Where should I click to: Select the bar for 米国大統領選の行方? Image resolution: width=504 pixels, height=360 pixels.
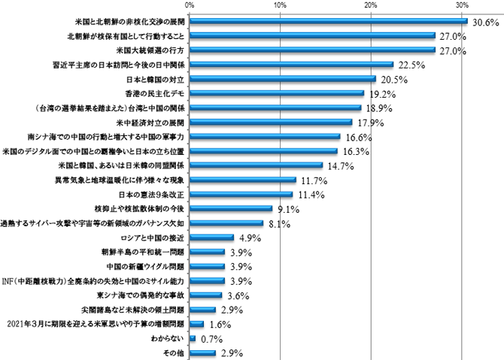coord(312,50)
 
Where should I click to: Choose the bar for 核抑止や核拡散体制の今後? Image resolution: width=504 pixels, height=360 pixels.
coord(230,208)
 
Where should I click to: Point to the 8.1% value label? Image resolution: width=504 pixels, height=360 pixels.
coord(279,224)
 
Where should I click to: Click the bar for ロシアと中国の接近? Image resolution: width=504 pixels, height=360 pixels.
coord(211,237)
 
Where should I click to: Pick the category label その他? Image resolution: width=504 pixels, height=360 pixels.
coord(174,352)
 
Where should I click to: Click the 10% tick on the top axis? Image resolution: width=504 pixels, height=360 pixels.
coord(280,5)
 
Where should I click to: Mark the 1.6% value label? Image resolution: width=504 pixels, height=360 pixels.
coord(220,324)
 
